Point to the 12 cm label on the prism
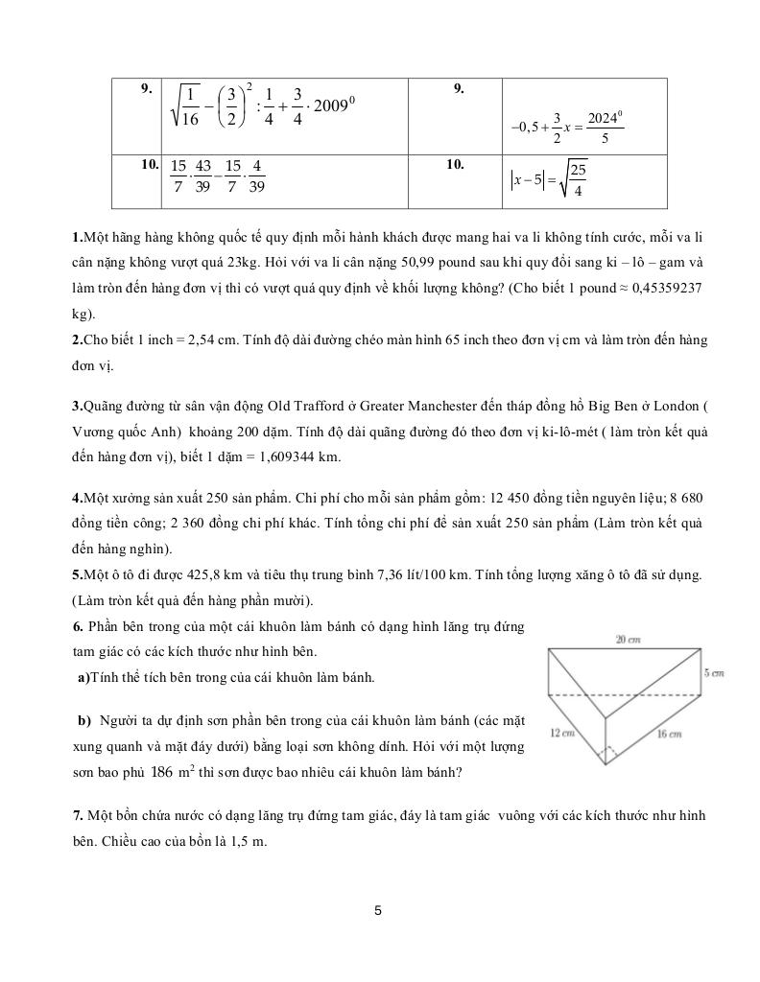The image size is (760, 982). (x=562, y=733)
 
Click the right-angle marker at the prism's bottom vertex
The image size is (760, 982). (x=606, y=757)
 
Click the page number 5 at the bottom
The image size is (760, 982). (x=378, y=910)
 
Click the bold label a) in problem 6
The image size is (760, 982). (x=83, y=678)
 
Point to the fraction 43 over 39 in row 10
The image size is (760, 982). (x=202, y=176)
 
